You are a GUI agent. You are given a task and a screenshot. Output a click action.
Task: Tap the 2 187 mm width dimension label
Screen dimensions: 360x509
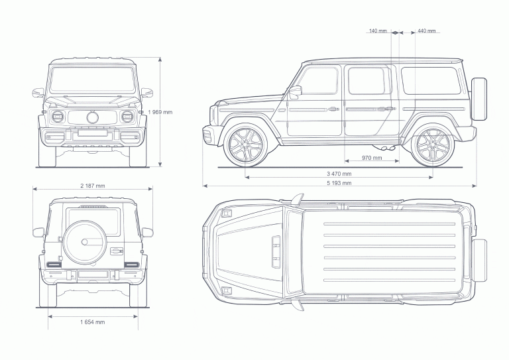92,186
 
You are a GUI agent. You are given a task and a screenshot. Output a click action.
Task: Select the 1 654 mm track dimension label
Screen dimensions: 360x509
92,322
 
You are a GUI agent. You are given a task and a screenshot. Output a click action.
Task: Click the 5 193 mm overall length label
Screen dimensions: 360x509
339,182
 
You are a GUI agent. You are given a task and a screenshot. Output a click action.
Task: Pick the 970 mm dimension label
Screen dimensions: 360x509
372,158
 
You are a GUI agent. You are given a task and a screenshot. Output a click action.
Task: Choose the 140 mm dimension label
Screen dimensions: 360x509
378,31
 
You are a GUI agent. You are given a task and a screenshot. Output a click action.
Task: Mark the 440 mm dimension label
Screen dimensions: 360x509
427,31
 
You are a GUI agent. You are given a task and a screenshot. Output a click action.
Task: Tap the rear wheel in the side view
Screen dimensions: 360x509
431,146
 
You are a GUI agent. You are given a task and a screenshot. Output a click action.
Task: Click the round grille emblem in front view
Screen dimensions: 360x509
92,117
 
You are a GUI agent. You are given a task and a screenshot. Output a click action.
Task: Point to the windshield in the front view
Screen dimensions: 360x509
92,80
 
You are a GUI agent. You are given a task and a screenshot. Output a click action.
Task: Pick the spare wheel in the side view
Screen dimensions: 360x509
479,99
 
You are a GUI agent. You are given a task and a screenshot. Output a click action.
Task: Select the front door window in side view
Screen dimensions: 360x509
319,81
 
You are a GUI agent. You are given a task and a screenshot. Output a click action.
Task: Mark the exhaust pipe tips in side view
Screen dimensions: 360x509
388,148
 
